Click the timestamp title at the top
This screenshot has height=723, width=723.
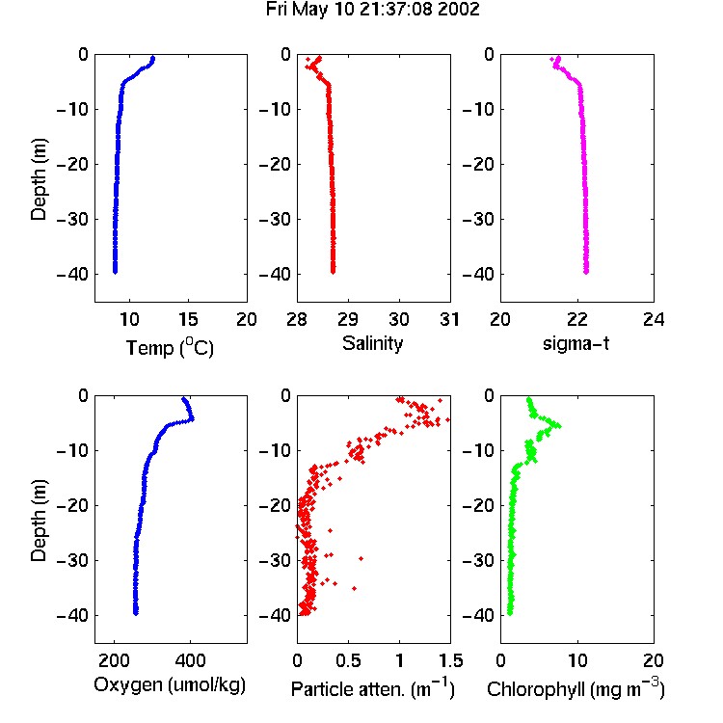[372, 9]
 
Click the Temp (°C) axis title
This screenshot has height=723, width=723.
[170, 347]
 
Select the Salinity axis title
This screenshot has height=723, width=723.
[372, 343]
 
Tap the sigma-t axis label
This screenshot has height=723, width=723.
[576, 343]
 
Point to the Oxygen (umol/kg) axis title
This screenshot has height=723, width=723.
[170, 685]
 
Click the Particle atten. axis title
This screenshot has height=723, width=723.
[373, 688]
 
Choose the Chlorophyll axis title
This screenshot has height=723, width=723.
[576, 688]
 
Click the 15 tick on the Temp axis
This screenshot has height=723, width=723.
[188, 319]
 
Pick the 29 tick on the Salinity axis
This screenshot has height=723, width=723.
[348, 319]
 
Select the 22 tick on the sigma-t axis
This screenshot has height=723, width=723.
[577, 319]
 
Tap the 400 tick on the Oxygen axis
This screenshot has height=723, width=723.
[191, 660]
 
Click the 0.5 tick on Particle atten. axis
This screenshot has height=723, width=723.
[348, 660]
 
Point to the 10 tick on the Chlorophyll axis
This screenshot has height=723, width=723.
[577, 660]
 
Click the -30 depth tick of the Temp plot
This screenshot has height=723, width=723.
[71, 219]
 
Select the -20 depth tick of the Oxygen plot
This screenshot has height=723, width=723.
[71, 505]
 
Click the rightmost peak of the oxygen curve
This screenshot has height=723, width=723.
[192, 418]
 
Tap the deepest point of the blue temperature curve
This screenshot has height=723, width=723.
[116, 272]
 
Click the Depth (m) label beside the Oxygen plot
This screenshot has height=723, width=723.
[39, 521]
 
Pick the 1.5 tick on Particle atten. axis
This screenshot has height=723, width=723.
[451, 660]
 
